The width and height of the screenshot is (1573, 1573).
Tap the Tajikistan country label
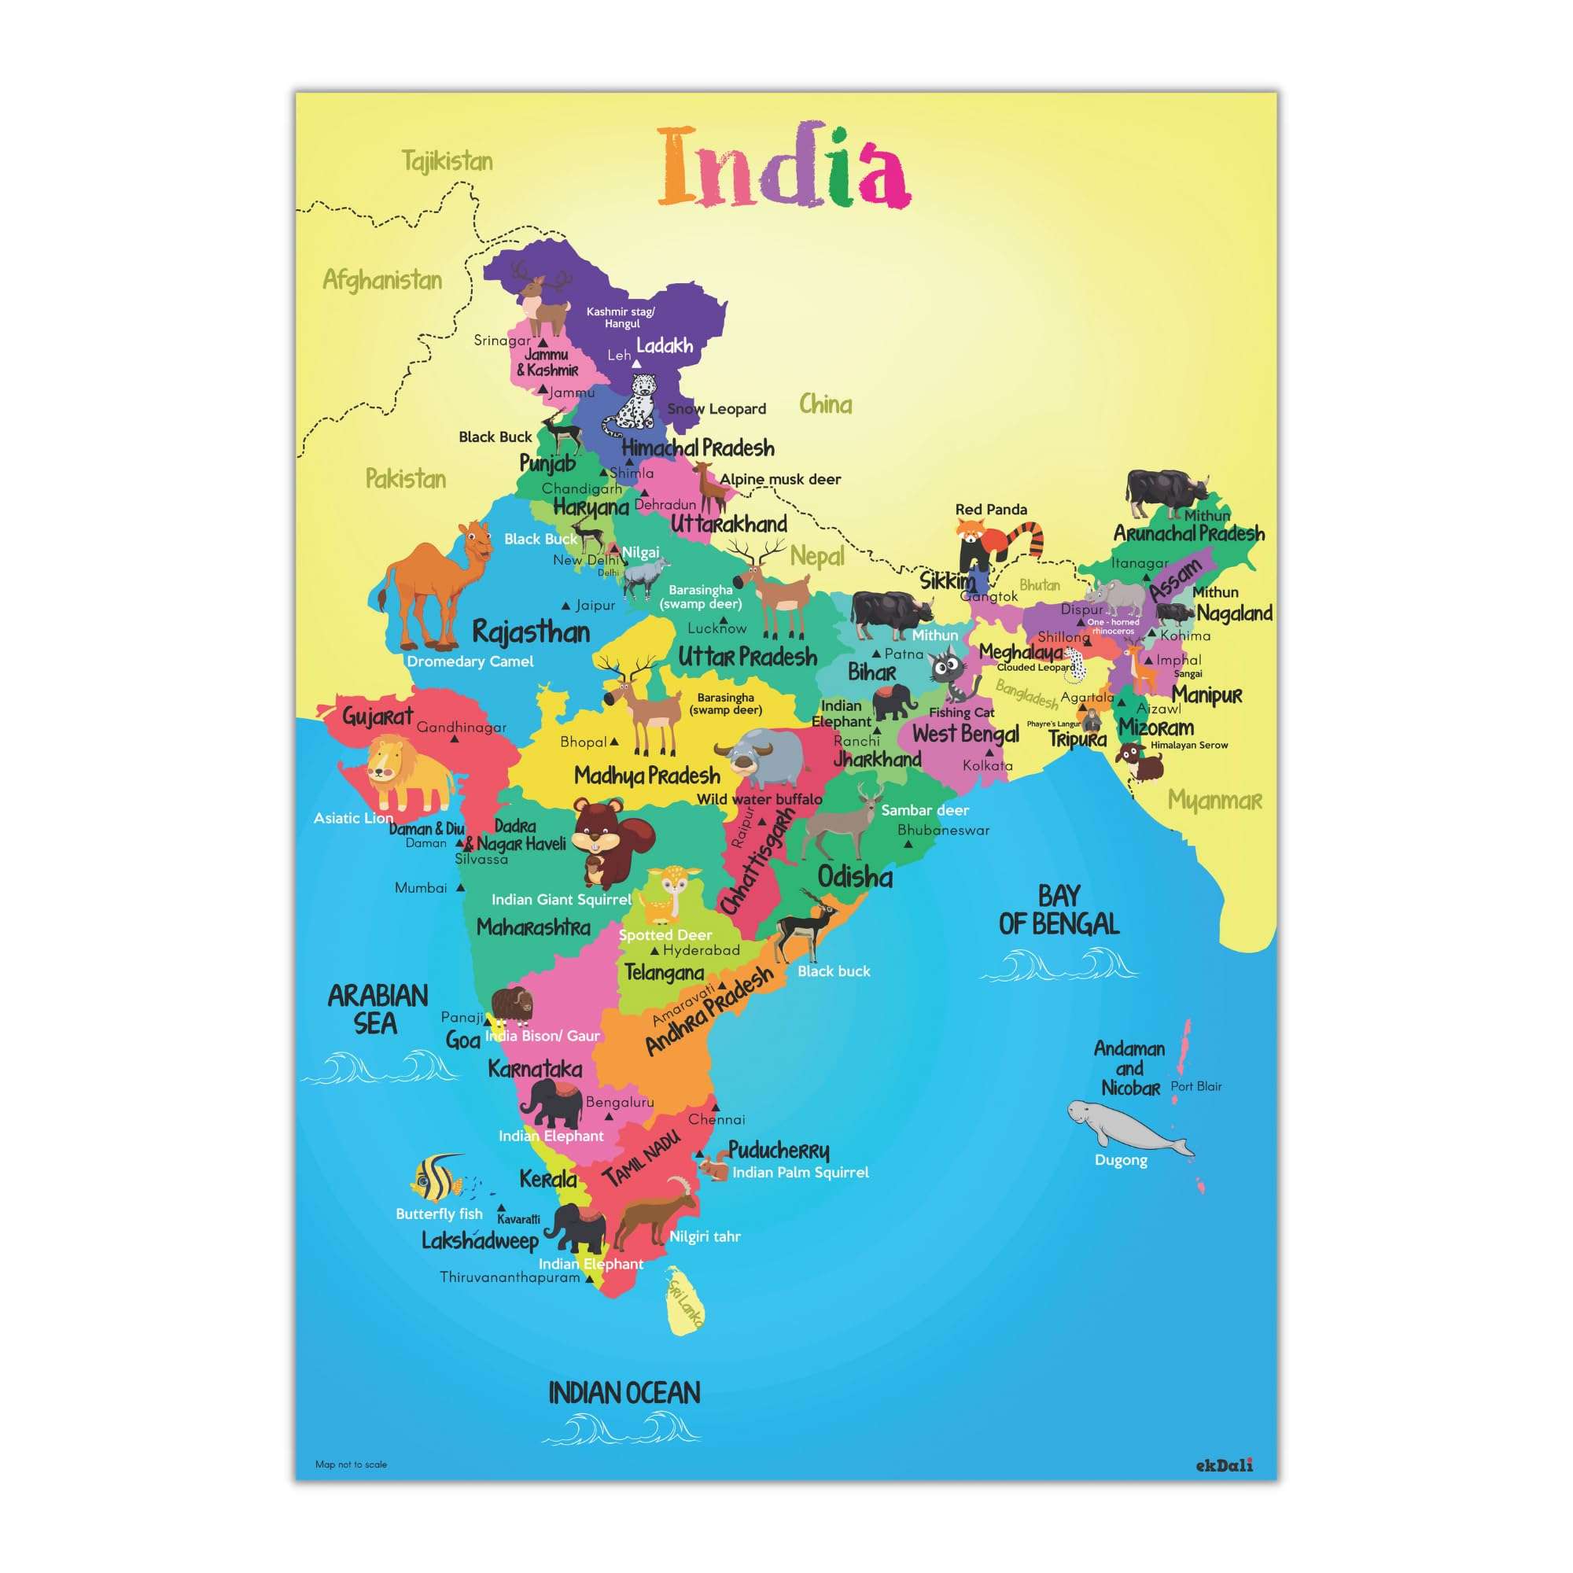click(x=447, y=161)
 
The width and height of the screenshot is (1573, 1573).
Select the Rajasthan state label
click(x=531, y=632)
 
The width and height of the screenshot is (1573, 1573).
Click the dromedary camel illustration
click(x=436, y=586)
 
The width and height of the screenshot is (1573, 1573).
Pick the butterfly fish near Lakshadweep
click(x=440, y=1177)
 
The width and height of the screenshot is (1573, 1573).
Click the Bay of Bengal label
click(x=1059, y=910)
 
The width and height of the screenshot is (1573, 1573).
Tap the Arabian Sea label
click(x=378, y=1009)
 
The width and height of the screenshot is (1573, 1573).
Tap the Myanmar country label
click(x=1215, y=801)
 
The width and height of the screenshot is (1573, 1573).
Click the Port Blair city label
click(x=1195, y=1086)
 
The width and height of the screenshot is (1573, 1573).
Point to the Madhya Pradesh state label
click(x=647, y=775)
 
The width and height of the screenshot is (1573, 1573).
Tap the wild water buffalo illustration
click(x=763, y=757)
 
